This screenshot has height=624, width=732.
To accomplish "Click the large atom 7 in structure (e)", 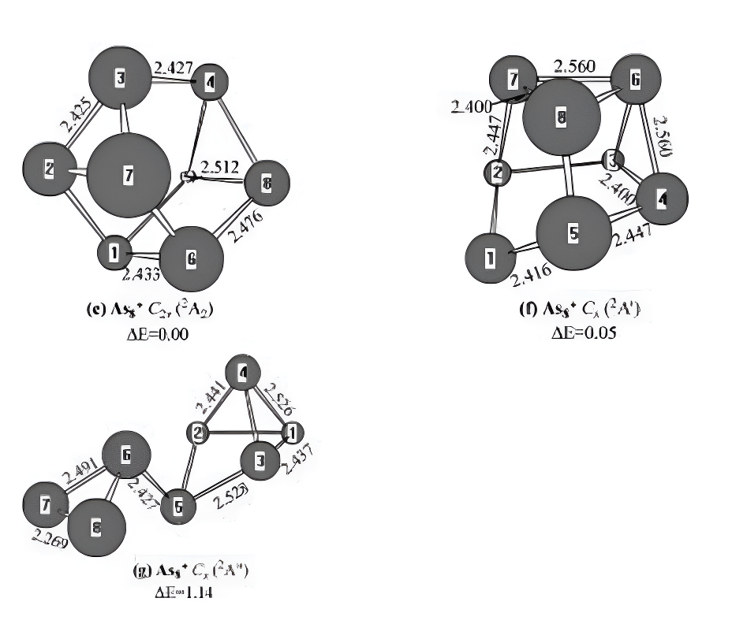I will pyautogui.click(x=128, y=176).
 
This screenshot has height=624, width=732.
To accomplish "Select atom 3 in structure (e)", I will pyautogui.click(x=120, y=79).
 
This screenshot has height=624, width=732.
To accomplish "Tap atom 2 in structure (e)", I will pyautogui.click(x=50, y=169).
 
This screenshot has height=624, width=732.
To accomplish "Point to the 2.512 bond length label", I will pyautogui.click(x=221, y=167).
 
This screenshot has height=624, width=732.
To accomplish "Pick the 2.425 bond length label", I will pyautogui.click(x=76, y=115).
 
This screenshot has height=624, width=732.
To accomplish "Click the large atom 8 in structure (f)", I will pyautogui.click(x=561, y=117).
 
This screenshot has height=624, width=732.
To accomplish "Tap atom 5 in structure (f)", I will pyautogui.click(x=573, y=234).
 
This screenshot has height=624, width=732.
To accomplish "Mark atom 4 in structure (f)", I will pyautogui.click(x=661, y=200).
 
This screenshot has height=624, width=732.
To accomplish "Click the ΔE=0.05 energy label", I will pyautogui.click(x=584, y=332).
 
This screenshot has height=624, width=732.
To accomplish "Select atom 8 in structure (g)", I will pyautogui.click(x=96, y=529).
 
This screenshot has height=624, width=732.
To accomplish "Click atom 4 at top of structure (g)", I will pyautogui.click(x=244, y=375).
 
